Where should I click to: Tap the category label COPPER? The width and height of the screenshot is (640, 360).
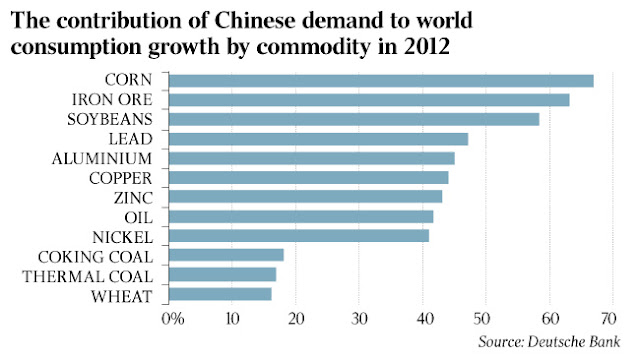[119, 178]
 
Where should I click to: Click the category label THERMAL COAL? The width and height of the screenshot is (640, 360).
[89, 275]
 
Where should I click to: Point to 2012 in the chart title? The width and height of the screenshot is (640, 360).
[464, 46]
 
